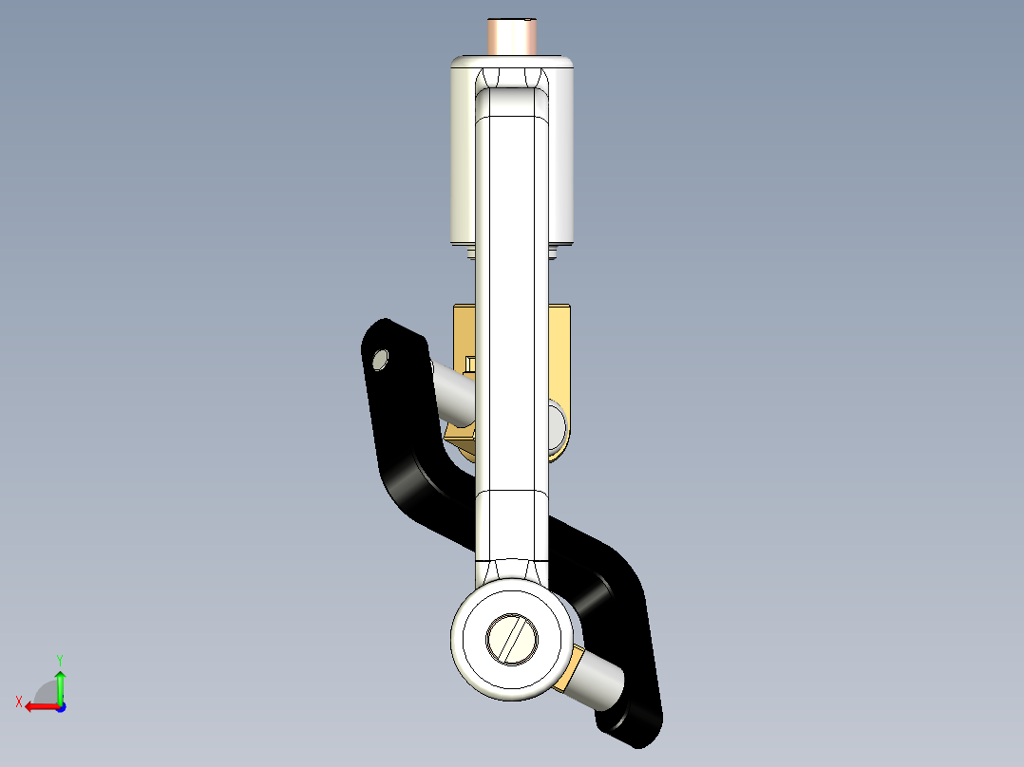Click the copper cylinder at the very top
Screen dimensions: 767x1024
tap(513, 37)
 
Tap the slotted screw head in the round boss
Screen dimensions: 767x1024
tap(513, 638)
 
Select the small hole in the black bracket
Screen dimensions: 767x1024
tap(381, 359)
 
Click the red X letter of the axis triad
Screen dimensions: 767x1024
tap(18, 702)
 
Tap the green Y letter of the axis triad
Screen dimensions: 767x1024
tap(59, 659)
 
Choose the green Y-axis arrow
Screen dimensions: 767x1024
tap(60, 683)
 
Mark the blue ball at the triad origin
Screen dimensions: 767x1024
tap(60, 707)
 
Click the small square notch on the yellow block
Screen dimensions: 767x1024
tap(470, 363)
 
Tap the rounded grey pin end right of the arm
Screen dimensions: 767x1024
tap(558, 422)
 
